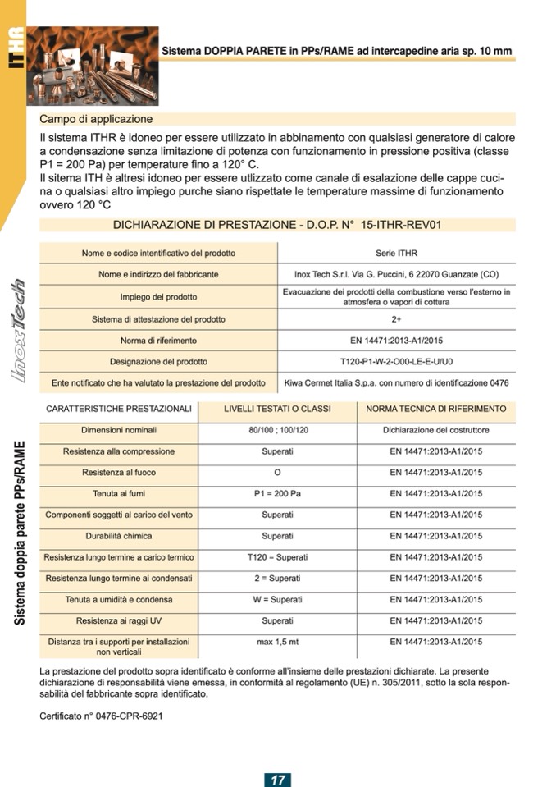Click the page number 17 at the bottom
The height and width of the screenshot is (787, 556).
tap(278, 779)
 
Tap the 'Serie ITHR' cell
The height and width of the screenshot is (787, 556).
tap(396, 254)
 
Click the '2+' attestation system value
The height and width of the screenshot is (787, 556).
tap(396, 318)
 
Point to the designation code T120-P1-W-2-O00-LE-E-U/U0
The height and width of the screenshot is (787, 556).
tap(396, 361)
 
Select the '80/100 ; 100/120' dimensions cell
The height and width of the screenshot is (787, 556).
tap(277, 430)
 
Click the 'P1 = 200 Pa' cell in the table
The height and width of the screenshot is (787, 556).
tap(277, 494)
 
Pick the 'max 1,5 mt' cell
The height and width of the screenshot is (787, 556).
tap(277, 642)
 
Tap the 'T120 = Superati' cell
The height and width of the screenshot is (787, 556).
tap(277, 557)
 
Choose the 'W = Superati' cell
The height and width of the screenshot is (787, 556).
tap(277, 600)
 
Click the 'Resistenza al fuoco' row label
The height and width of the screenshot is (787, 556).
tap(119, 473)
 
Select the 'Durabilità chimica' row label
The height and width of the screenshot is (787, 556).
tap(119, 536)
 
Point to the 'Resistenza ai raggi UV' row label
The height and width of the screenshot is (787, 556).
tap(119, 621)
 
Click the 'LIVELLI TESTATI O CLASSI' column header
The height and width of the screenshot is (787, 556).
tap(277, 409)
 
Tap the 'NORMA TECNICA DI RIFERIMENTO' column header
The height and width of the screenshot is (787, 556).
tap(436, 409)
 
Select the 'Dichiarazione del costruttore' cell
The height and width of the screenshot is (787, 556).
tap(436, 430)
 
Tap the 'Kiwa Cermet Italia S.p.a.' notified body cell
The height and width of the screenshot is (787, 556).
tap(396, 382)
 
